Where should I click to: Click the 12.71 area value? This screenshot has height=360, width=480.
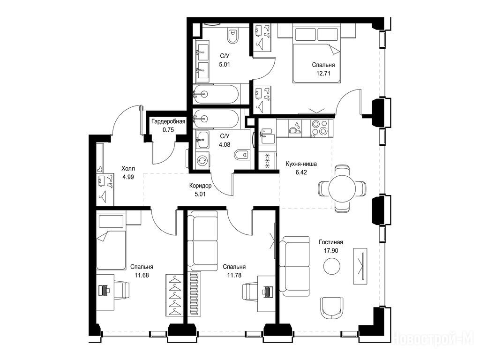pyautogui.click(x=323, y=74)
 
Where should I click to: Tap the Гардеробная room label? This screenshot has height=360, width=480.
pyautogui.click(x=168, y=121)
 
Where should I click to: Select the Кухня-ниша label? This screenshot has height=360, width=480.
pyautogui.click(x=301, y=164)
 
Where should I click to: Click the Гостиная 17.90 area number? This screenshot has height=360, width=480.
pyautogui.click(x=331, y=250)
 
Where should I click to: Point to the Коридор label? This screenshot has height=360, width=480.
pyautogui.click(x=200, y=186)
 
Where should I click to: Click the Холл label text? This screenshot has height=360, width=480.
pyautogui.click(x=128, y=168)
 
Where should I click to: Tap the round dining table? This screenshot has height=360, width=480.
pyautogui.click(x=342, y=188)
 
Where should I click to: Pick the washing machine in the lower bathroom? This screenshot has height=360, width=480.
pyautogui.click(x=202, y=159)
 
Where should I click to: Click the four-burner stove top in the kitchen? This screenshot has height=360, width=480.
pyautogui.click(x=319, y=127)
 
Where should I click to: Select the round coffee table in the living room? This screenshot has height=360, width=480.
pyautogui.click(x=331, y=266)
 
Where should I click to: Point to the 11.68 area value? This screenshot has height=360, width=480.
pyautogui.click(x=142, y=275)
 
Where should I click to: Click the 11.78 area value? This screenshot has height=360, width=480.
pyautogui.click(x=234, y=275)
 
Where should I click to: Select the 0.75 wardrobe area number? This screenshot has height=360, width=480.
pyautogui.click(x=168, y=130)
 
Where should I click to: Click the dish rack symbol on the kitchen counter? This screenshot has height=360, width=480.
pyautogui.click(x=295, y=127)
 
